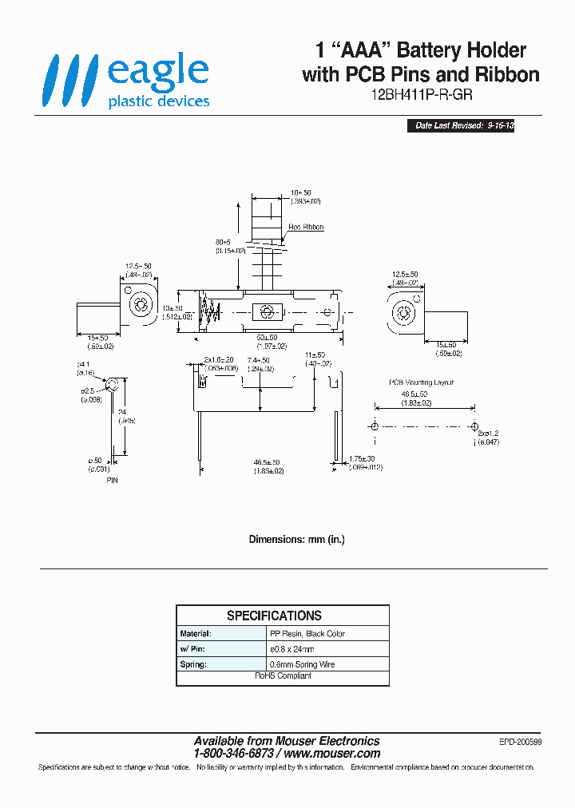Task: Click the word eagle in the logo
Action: [x=157, y=73]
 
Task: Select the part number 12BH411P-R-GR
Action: [x=421, y=94]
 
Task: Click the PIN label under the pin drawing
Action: [x=112, y=481]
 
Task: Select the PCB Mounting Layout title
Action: [x=422, y=382]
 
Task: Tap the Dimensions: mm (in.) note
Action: [x=297, y=540]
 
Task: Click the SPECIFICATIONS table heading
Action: [x=274, y=616]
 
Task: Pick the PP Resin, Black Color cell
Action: [x=307, y=634]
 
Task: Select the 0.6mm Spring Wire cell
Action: [x=303, y=664]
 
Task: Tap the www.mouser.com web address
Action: [x=331, y=754]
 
